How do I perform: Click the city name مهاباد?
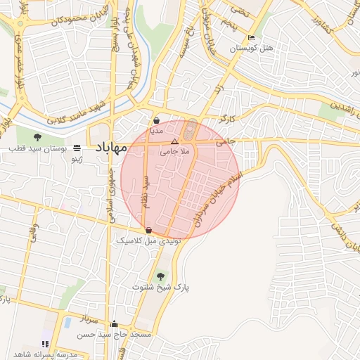click(x=108, y=148)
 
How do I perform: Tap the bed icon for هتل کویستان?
click(x=252, y=38)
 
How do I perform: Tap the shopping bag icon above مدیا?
click(x=156, y=120)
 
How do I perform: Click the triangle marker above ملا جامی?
click(x=175, y=141)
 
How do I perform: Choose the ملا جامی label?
click(x=174, y=150)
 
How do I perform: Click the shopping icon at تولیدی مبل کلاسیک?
click(x=148, y=231)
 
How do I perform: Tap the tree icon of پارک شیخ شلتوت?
click(x=161, y=276)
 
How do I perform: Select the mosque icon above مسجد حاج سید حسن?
click(x=114, y=324)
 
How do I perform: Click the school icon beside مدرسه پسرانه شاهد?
click(x=45, y=344)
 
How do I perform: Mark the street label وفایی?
click(x=34, y=233)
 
